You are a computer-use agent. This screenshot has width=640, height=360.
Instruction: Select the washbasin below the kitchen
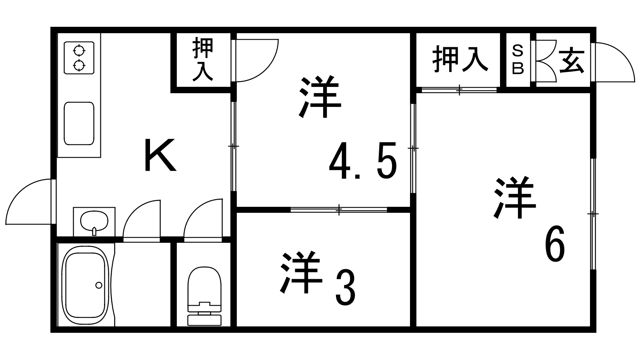click(94, 221)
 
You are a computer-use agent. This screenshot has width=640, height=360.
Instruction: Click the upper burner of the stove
click(79, 51)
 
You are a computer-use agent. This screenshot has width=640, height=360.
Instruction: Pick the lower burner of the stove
click(79, 65)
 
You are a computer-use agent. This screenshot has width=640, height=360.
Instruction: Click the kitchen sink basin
click(79, 123)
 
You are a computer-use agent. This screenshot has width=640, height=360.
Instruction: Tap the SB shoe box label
click(518, 60)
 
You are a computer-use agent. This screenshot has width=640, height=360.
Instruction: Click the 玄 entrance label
click(572, 61)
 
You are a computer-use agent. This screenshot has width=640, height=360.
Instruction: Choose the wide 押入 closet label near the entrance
click(460, 60)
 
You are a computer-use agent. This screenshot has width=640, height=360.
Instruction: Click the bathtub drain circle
click(98, 285)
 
